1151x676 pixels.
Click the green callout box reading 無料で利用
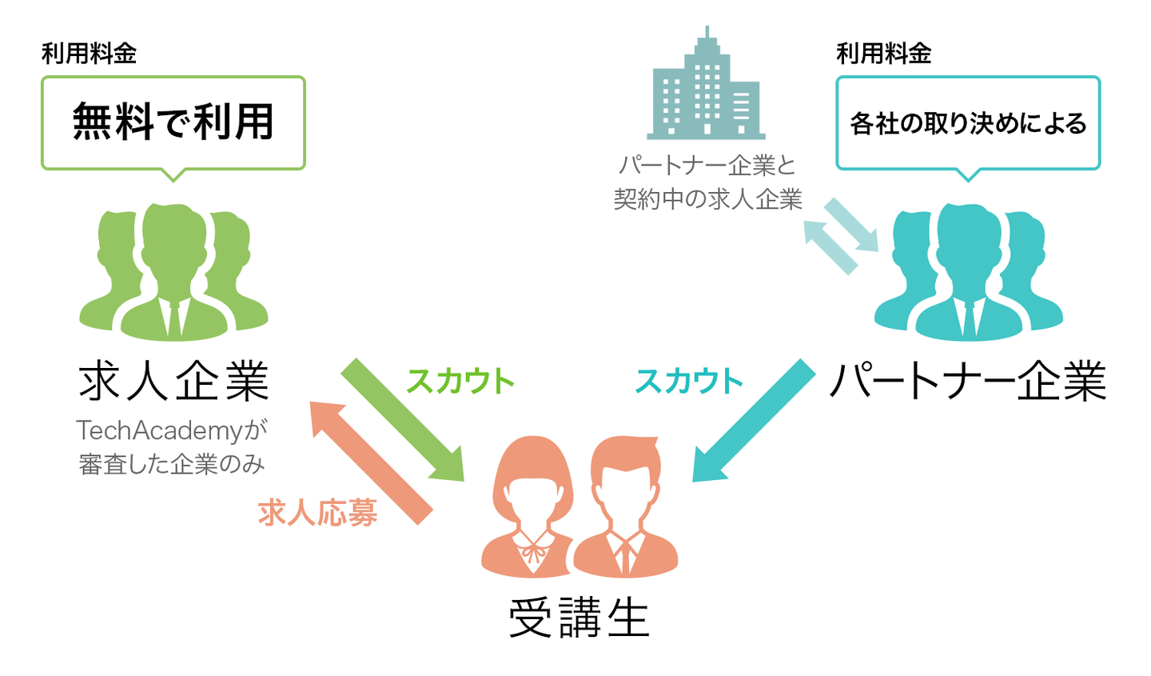(173, 122)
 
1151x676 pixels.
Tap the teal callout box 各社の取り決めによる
(968, 123)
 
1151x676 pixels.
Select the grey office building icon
(706, 88)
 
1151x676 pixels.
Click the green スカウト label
(460, 381)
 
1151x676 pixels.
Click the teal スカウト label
(689, 381)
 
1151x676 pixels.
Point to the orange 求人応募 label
(318, 513)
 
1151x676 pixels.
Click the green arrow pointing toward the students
(404, 421)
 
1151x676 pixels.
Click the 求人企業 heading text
(174, 381)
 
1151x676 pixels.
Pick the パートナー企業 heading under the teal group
(968, 381)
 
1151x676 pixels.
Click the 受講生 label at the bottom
(579, 618)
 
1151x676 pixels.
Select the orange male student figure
(626, 512)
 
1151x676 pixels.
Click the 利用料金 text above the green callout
(89, 54)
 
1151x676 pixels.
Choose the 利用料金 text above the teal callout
(883, 54)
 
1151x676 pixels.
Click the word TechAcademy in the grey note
(159, 430)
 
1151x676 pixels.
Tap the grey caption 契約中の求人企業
(707, 198)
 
